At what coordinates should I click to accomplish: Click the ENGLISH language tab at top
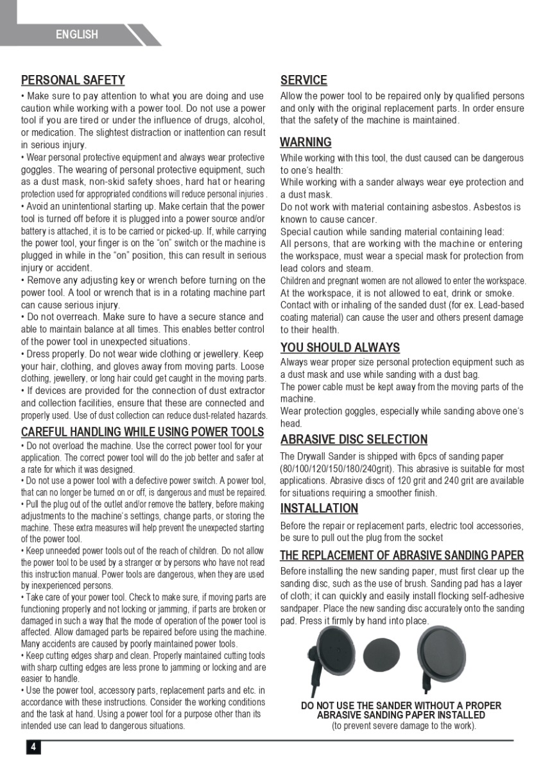click(x=77, y=35)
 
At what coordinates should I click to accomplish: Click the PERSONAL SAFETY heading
click(x=73, y=80)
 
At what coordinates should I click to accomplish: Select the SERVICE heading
click(x=304, y=80)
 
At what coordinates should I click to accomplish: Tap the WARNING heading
click(x=306, y=142)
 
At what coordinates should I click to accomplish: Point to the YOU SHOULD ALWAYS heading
click(x=340, y=348)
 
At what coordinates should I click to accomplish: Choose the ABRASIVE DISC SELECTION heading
click(x=354, y=440)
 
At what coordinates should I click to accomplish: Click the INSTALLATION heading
click(x=319, y=508)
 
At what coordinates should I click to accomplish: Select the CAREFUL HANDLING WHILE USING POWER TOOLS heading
click(x=142, y=431)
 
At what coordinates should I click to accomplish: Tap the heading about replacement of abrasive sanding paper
click(x=402, y=555)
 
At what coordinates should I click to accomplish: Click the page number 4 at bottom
click(x=33, y=747)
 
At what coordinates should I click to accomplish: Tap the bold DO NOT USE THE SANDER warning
click(x=401, y=710)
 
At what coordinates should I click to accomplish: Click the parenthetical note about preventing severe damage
click(x=404, y=726)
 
